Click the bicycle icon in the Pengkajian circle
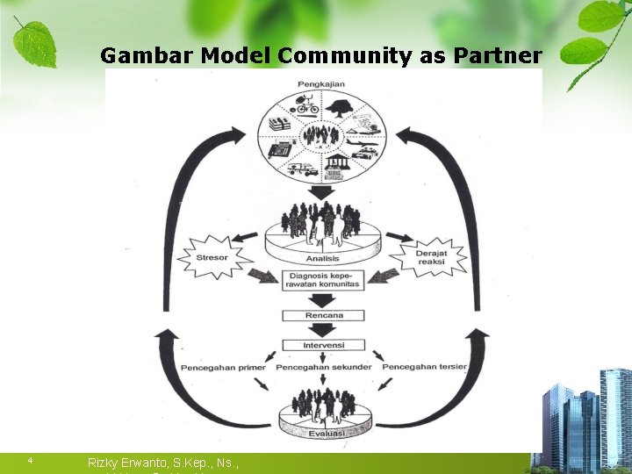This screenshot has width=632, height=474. click(307, 108)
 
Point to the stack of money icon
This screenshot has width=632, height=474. click(280, 124)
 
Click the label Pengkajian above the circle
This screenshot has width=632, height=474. click(321, 83)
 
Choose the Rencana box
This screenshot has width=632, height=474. click(322, 314)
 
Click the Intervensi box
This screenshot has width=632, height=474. click(322, 344)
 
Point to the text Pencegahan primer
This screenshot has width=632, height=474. click(223, 367)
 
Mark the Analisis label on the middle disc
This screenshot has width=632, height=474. click(323, 259)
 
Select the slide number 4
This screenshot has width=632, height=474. click(30, 460)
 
